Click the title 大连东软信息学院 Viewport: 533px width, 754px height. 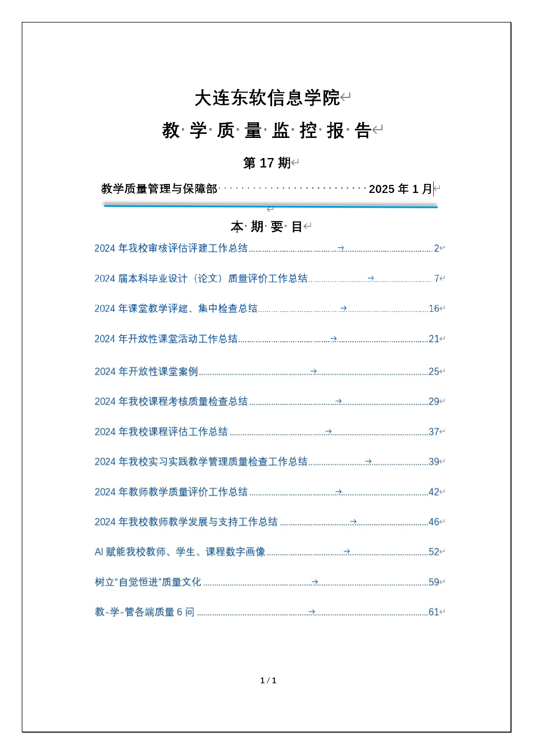tap(267, 98)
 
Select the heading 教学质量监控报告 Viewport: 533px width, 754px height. tap(267, 131)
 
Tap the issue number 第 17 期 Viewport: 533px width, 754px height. tap(267, 163)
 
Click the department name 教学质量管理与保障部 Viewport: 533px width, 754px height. tap(159, 189)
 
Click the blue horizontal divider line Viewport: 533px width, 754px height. tap(270, 206)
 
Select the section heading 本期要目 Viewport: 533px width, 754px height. tap(266, 227)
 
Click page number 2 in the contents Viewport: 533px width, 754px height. tap(436, 248)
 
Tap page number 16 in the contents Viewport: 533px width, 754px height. tap(434, 308)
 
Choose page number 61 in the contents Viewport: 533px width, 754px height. tap(434, 612)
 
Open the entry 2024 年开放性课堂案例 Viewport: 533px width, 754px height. tap(146, 372)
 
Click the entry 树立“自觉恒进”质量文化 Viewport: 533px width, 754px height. tap(148, 582)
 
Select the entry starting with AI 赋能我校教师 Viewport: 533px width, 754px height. tap(180, 552)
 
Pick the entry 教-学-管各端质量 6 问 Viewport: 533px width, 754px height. tap(145, 612)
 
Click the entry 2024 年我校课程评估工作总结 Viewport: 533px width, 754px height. tap(161, 432)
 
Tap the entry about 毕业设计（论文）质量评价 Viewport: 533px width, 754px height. tap(201, 278)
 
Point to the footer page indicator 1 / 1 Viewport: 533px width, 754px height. tap(268, 681)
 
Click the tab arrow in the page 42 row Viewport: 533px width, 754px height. tap(338, 492)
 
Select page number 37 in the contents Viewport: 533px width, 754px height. tap(434, 432)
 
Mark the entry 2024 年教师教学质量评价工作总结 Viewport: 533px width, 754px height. tap(171, 492)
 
